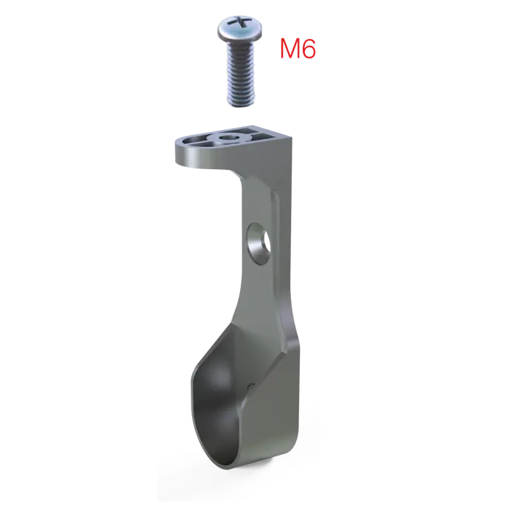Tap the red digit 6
(x=309, y=49)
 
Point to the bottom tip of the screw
(x=241, y=105)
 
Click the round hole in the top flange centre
(x=227, y=137)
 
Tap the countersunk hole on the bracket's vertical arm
(x=259, y=243)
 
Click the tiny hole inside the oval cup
(x=252, y=386)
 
